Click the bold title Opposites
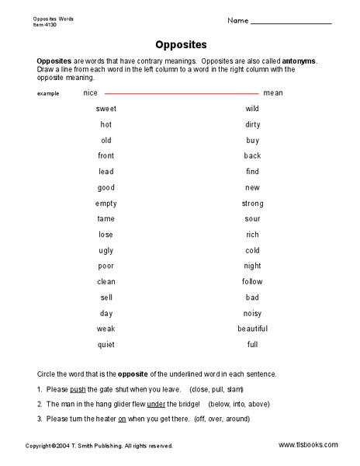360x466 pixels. (179, 45)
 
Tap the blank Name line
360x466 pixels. (292, 23)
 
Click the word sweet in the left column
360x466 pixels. (106, 109)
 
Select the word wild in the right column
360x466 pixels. (252, 109)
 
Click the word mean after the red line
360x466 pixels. (273, 93)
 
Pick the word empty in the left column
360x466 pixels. (106, 203)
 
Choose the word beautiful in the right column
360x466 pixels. (252, 329)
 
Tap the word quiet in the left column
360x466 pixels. (106, 345)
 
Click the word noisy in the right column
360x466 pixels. (252, 314)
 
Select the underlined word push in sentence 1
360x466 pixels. (77, 390)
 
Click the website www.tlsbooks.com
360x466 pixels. (308, 445)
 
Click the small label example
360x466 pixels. (47, 94)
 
